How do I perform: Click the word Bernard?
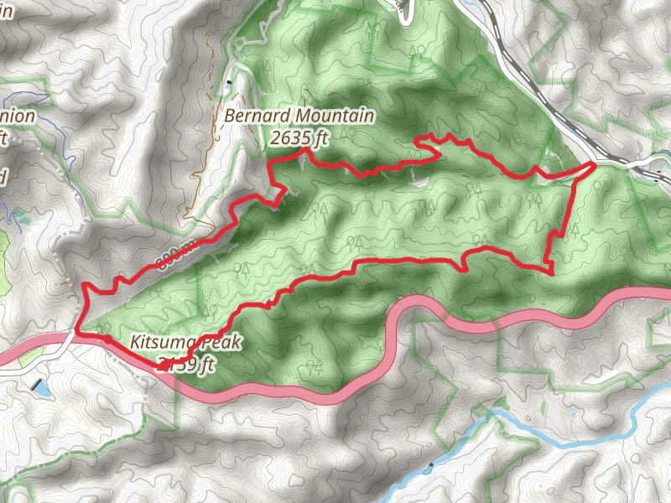[x=252, y=117]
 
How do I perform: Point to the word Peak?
[x=219, y=342]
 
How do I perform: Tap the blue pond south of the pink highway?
[x=39, y=386]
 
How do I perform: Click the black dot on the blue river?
[x=430, y=464]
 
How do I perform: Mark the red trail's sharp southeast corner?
[x=553, y=271]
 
